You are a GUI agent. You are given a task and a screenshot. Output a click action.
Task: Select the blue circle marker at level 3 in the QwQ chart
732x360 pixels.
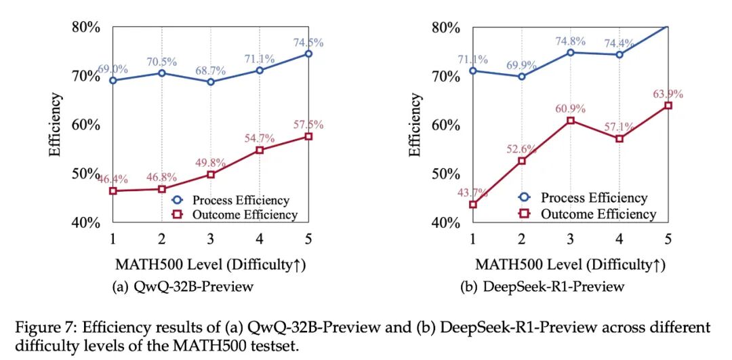point(211,82)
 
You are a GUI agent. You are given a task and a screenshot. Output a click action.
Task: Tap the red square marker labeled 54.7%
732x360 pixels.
point(260,150)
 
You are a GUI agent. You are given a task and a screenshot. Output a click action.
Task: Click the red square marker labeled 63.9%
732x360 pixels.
point(668,106)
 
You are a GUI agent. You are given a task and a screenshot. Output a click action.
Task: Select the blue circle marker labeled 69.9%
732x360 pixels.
point(522,76)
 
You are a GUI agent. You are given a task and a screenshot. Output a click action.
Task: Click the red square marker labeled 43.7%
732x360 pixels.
point(473,204)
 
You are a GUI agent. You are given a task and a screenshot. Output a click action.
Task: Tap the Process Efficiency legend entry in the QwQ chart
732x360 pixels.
point(231,200)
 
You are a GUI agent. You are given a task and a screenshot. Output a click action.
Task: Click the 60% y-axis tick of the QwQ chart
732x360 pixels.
point(86,125)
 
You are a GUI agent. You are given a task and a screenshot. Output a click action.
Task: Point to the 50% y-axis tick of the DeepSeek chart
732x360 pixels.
point(446,174)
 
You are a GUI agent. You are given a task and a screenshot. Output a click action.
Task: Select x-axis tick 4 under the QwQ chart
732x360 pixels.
point(260,239)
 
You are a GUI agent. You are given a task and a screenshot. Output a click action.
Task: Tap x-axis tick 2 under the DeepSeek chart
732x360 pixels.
point(521,239)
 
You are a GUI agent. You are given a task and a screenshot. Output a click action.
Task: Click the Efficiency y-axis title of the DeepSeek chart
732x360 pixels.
point(414,125)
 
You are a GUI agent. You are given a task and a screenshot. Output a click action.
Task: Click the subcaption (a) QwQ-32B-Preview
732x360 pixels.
point(183,286)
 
